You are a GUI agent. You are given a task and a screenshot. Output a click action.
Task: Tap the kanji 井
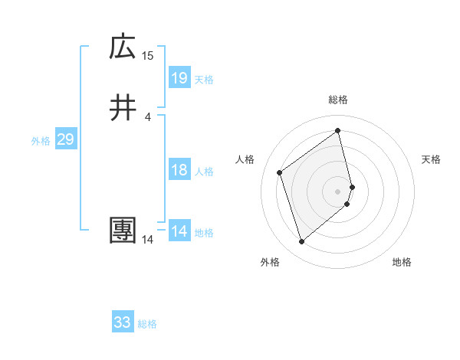[x=123, y=108]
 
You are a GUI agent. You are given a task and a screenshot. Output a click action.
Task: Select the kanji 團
[x=123, y=231]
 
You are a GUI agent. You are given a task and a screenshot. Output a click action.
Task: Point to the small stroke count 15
[x=148, y=55]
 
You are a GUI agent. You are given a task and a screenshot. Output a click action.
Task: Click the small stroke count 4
[x=148, y=116]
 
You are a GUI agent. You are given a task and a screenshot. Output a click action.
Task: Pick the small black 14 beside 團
[x=148, y=239]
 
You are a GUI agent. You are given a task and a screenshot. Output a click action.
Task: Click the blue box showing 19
[x=179, y=77]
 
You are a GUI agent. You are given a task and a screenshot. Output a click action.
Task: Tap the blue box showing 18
[x=179, y=170]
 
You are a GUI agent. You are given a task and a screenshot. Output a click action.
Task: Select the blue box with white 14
[x=179, y=231]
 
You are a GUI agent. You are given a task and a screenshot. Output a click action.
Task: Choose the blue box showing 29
[x=65, y=139]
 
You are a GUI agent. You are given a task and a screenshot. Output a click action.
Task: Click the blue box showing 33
[x=123, y=322]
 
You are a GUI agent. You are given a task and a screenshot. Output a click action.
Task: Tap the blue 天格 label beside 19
[x=204, y=80]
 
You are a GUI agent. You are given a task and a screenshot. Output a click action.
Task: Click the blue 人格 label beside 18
[x=204, y=172]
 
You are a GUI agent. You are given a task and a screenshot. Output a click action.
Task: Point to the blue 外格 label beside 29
[x=41, y=141]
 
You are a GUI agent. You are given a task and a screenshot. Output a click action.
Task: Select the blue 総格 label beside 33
[x=147, y=324]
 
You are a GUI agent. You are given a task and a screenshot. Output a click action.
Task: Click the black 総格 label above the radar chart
[x=338, y=100]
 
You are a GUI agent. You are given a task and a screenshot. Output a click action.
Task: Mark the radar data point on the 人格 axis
[x=280, y=172]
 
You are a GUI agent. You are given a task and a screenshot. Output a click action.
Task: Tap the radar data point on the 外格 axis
[x=301, y=242]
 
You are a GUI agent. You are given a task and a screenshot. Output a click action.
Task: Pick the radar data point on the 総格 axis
[x=338, y=130]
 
